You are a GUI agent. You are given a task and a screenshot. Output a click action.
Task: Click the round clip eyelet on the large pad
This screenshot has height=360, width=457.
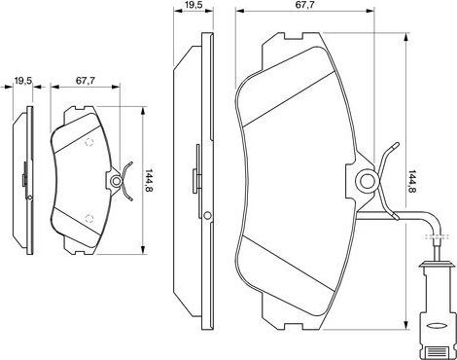tap(367, 180)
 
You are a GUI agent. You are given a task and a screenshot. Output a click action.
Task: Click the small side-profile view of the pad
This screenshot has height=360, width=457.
tap(24, 180)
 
